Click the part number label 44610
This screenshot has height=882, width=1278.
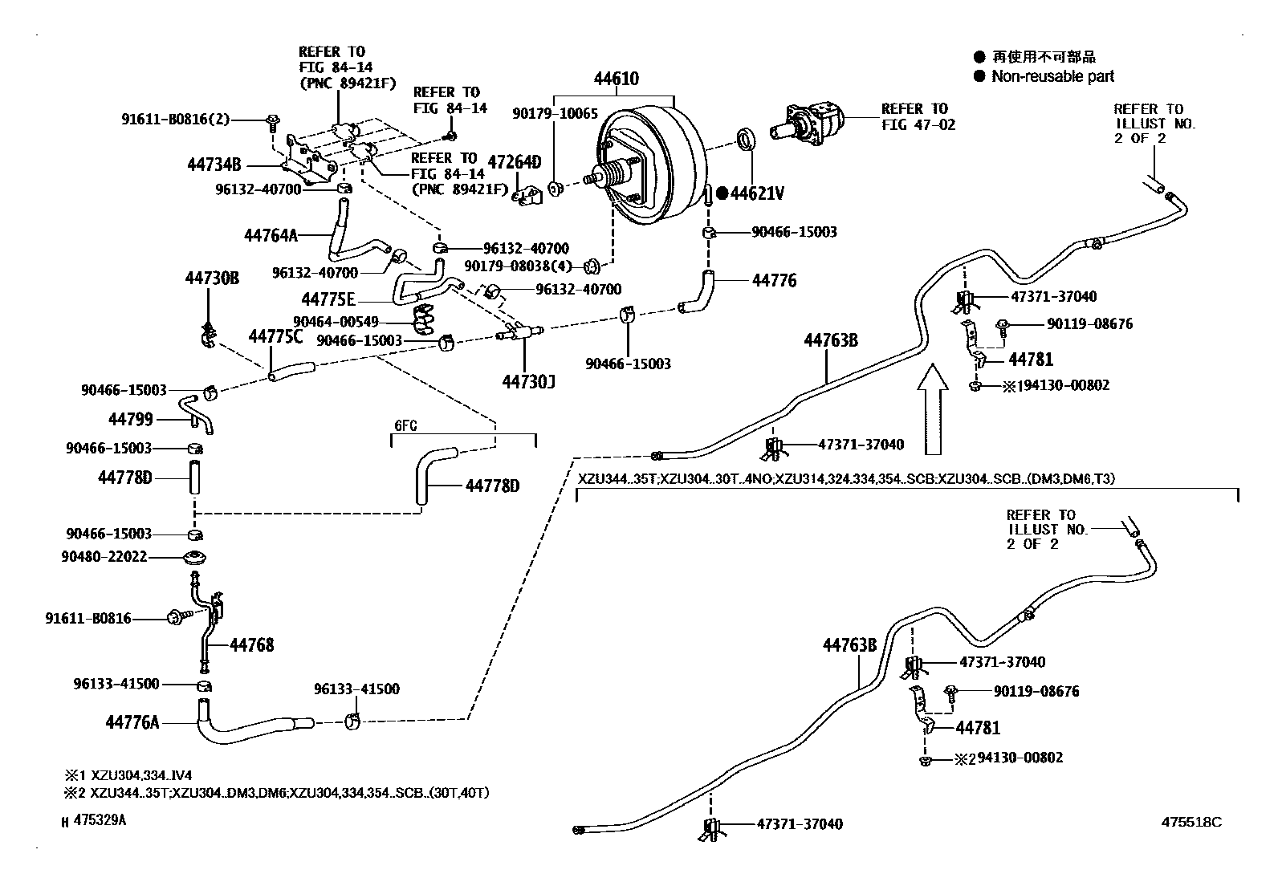point(617,79)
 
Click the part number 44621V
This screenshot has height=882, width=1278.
point(757,193)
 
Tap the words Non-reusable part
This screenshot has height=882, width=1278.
point(1052,76)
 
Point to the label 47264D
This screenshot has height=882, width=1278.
point(515,162)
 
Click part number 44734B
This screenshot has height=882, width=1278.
point(214,165)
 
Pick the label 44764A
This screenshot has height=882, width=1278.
point(271,235)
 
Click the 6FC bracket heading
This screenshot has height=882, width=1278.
point(405,426)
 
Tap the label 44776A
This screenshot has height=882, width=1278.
point(132,722)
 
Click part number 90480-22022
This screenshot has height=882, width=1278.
point(104,556)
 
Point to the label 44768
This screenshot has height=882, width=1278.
point(251,644)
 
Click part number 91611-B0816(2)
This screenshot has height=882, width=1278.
point(175,120)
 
